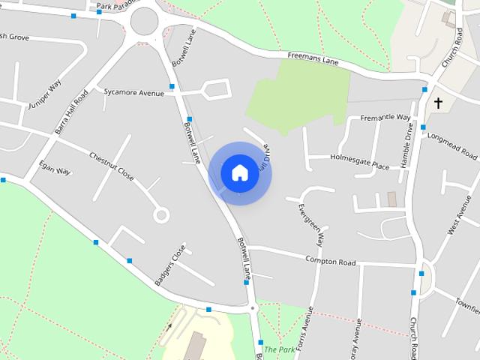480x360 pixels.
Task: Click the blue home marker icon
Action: coord(239,172)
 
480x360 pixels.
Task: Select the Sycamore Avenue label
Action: coord(133,93)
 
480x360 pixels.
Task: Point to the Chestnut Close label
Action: coord(111,166)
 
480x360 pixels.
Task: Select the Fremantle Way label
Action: coord(385,118)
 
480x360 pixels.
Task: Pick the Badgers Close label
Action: coord(169,265)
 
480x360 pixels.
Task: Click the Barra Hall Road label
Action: coord(72,112)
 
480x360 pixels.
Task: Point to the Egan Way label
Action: coord(55,166)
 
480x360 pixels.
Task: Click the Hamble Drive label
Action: coord(406,151)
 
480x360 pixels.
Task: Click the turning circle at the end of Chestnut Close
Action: coord(160,215)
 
